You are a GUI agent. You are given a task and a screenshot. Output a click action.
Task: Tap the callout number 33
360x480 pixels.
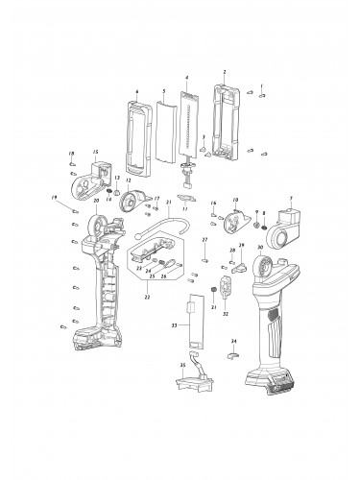pyautogui.click(x=174, y=326)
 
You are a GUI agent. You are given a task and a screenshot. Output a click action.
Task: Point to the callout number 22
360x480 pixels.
pyautogui.click(x=146, y=297)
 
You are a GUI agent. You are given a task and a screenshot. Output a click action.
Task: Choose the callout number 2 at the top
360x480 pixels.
pyautogui.click(x=224, y=72)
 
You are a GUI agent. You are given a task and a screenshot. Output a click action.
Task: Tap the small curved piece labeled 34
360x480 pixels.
pyautogui.click(x=232, y=356)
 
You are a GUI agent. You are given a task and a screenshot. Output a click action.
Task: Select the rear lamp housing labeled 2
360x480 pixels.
pyautogui.click(x=225, y=120)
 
